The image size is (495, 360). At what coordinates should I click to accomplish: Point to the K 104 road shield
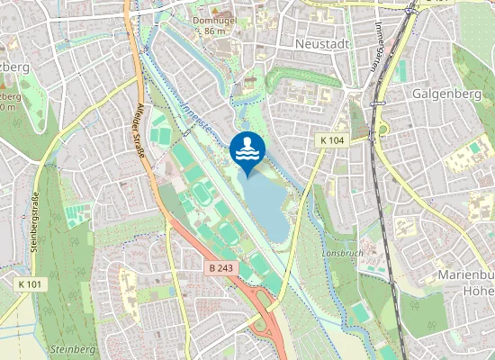point(332,140)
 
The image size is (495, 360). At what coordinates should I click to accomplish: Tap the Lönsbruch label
point(342,254)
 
